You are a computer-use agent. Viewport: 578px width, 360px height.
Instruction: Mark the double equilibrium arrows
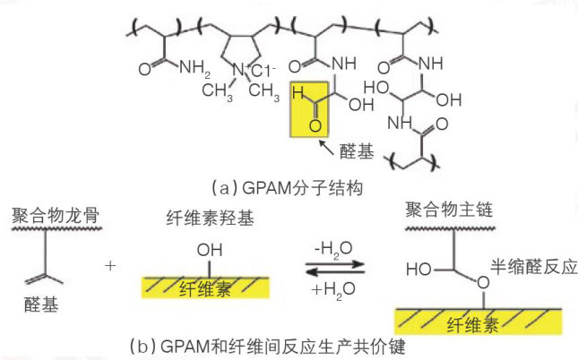click(332, 266)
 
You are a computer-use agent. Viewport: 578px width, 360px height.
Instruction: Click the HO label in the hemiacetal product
click(419, 268)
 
